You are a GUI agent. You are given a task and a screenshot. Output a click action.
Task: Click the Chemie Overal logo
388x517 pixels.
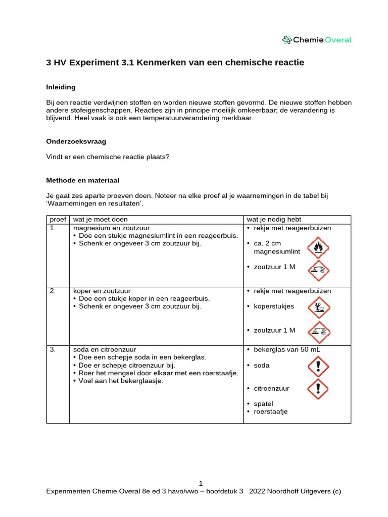coord(317,40)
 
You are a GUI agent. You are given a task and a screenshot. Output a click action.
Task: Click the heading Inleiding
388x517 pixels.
coord(61,87)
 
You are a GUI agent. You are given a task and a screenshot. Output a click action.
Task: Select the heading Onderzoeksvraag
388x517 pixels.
coord(76,142)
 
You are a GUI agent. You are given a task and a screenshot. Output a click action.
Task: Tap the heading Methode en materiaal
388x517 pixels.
coord(82,180)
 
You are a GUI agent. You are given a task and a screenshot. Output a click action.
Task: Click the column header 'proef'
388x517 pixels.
coord(58,219)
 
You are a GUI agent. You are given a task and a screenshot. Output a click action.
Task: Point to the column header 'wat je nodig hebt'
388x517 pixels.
coord(274,219)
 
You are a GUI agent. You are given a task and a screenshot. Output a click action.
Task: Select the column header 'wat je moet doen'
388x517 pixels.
coord(101,219)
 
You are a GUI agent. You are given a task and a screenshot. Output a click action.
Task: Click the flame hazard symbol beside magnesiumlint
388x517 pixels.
coord(318,247)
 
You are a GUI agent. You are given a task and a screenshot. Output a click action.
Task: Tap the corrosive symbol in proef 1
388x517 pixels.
coord(318,271)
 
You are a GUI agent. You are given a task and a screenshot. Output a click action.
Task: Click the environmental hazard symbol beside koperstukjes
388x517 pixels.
coord(318,307)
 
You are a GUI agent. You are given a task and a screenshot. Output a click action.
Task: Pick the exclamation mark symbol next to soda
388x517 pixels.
coord(318,366)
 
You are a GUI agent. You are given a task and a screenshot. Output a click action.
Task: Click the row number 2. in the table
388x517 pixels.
coord(52,291)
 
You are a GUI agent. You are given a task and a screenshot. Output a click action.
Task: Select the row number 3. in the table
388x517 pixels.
coord(52,349)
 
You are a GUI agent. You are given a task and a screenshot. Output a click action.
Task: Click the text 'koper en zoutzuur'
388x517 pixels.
coord(102,291)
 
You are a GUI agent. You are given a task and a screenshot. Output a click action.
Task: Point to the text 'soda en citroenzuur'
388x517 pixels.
coord(105,349)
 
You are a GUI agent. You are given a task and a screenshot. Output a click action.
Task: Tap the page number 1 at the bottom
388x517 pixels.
coord(201,483)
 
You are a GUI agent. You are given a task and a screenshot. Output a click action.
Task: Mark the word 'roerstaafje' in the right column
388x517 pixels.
coord(270,411)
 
